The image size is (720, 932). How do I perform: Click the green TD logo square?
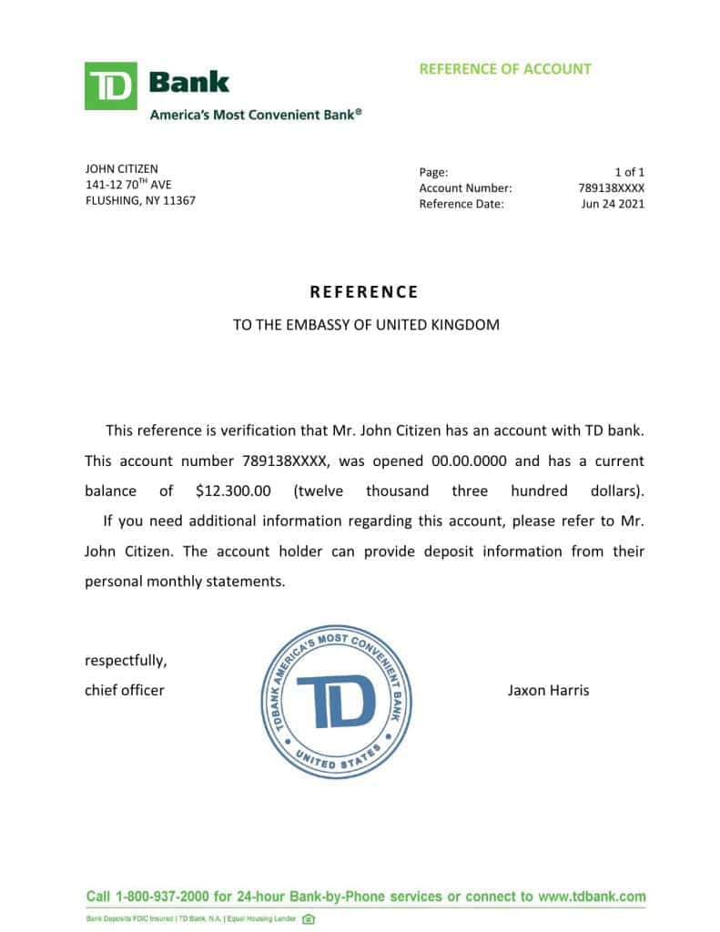point(110,86)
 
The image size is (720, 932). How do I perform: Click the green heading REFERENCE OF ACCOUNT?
point(505,69)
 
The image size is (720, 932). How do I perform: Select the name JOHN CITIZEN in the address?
point(121,169)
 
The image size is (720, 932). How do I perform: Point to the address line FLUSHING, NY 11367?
point(140,200)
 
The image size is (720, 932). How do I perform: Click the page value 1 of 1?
point(629,172)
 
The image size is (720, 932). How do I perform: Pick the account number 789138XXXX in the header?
point(611,188)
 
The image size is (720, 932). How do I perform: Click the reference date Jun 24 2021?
point(613,204)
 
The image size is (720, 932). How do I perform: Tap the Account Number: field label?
point(465,188)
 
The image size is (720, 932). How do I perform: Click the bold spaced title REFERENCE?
point(364,292)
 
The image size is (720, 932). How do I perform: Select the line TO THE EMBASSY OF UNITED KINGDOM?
point(366,324)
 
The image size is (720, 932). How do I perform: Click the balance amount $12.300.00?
point(233,491)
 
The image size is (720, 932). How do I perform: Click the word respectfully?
point(126,660)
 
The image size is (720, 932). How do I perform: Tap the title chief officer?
point(125,690)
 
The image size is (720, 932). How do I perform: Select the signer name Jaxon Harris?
point(548,690)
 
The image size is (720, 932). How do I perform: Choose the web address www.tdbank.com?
point(592,897)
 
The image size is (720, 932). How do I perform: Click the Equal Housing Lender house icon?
point(309,919)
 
